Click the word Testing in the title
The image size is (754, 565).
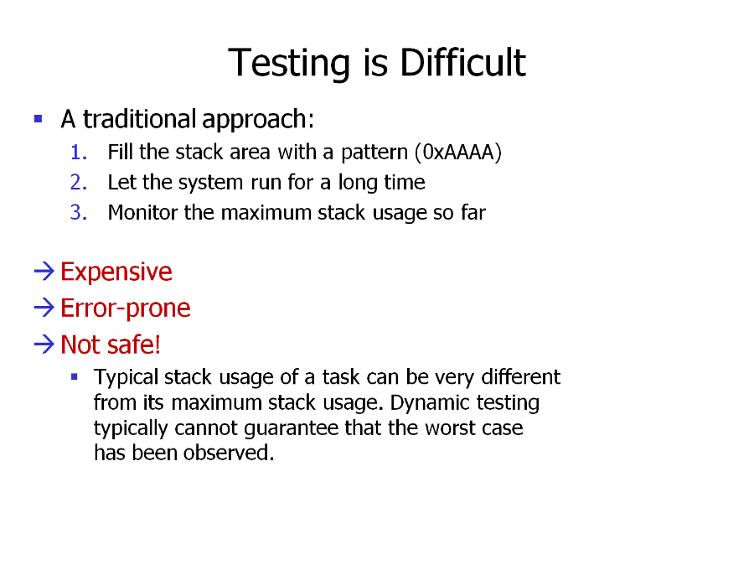(288, 63)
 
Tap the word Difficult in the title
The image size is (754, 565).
(462, 62)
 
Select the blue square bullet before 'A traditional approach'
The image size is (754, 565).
(39, 118)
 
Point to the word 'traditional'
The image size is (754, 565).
(139, 119)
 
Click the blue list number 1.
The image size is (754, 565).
(79, 153)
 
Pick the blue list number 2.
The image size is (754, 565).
(79, 183)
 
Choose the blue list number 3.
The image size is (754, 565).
(79, 213)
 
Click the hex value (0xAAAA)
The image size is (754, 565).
(458, 152)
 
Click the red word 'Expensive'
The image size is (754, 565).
(116, 272)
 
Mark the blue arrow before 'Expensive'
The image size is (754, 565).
(44, 271)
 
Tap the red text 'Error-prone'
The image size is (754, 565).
(126, 308)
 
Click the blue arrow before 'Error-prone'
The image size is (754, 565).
(44, 308)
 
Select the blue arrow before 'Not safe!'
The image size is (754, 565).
(44, 344)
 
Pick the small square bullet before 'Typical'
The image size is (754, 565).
(74, 377)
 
